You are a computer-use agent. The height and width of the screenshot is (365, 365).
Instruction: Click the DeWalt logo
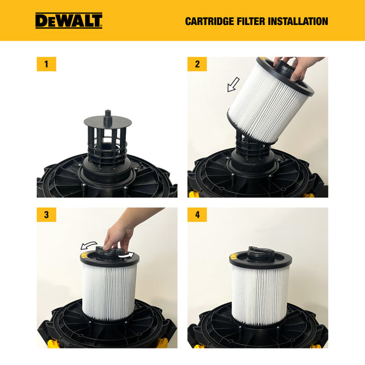pos(68,21)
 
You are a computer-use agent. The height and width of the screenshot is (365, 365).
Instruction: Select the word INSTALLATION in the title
pos(298,21)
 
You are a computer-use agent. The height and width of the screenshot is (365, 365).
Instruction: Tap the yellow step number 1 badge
pos(46,64)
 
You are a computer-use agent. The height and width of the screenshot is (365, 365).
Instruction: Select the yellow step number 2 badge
pos(197,64)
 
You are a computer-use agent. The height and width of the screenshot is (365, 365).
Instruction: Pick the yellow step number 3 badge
pos(46,215)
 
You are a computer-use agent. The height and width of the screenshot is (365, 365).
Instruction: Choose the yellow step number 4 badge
pos(197,215)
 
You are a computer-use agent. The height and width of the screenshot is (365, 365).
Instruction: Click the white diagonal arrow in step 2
pos(233,85)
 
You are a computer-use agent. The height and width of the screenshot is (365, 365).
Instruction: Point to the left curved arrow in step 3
pos(89,245)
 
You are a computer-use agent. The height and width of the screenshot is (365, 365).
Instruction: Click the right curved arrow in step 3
pos(127,255)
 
